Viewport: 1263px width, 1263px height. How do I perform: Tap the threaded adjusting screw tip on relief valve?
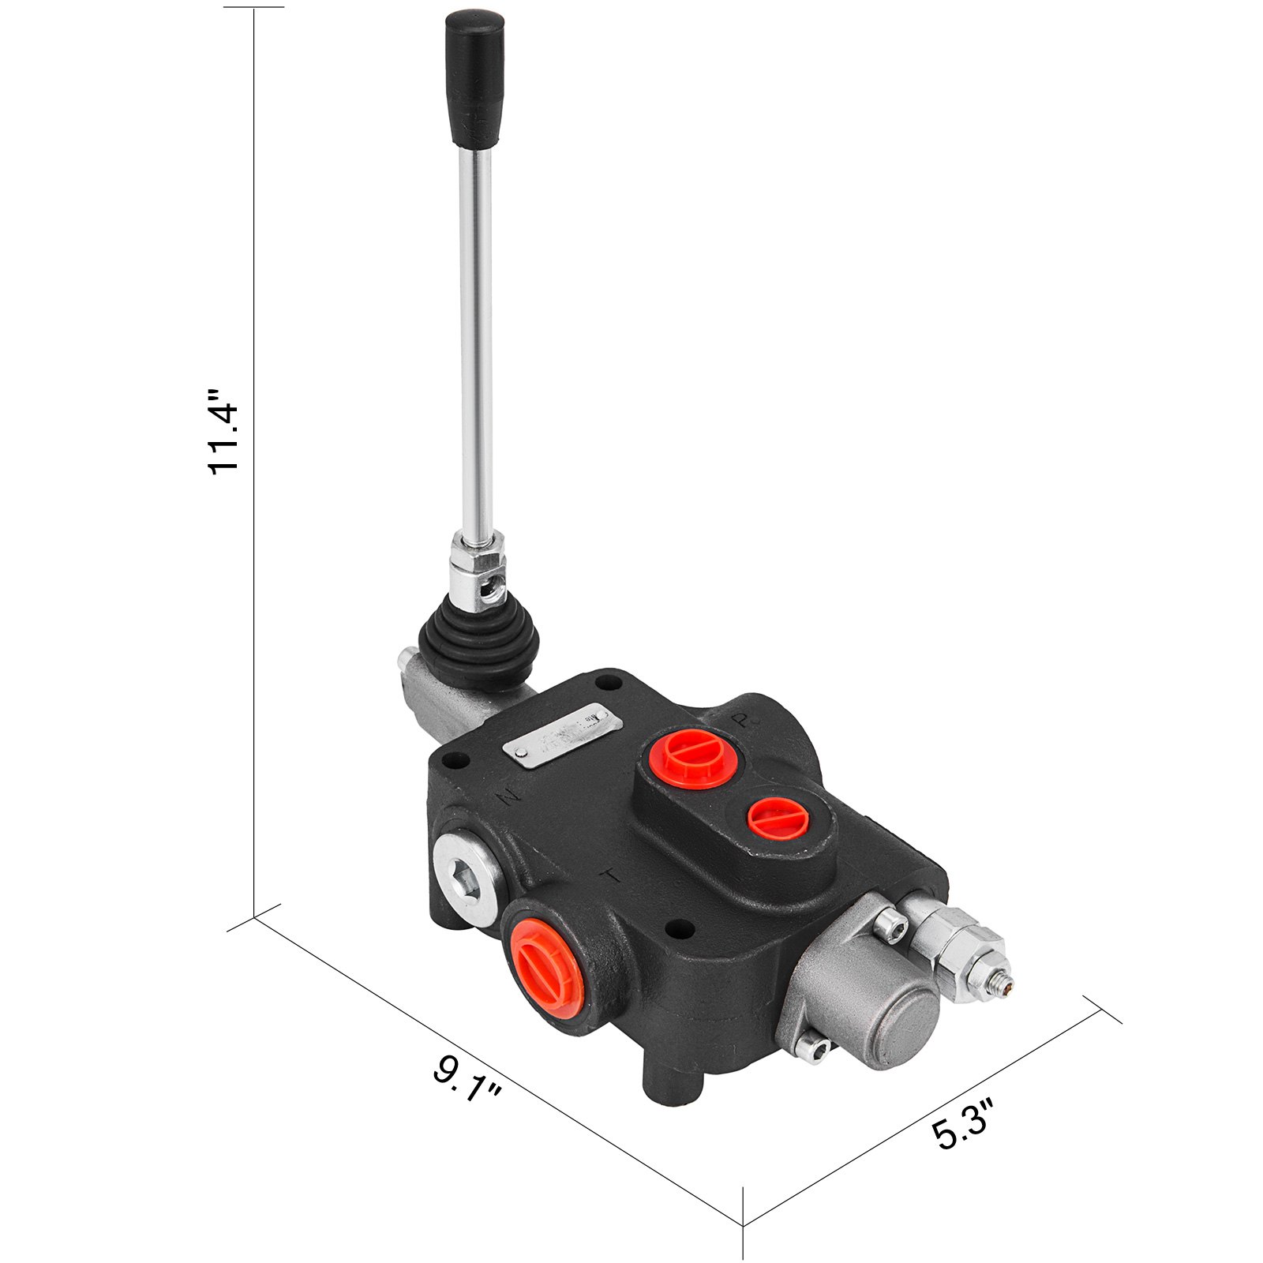(x=1006, y=983)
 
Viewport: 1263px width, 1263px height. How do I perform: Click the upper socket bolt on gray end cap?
(x=890, y=924)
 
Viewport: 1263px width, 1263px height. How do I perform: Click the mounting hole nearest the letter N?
(x=452, y=763)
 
